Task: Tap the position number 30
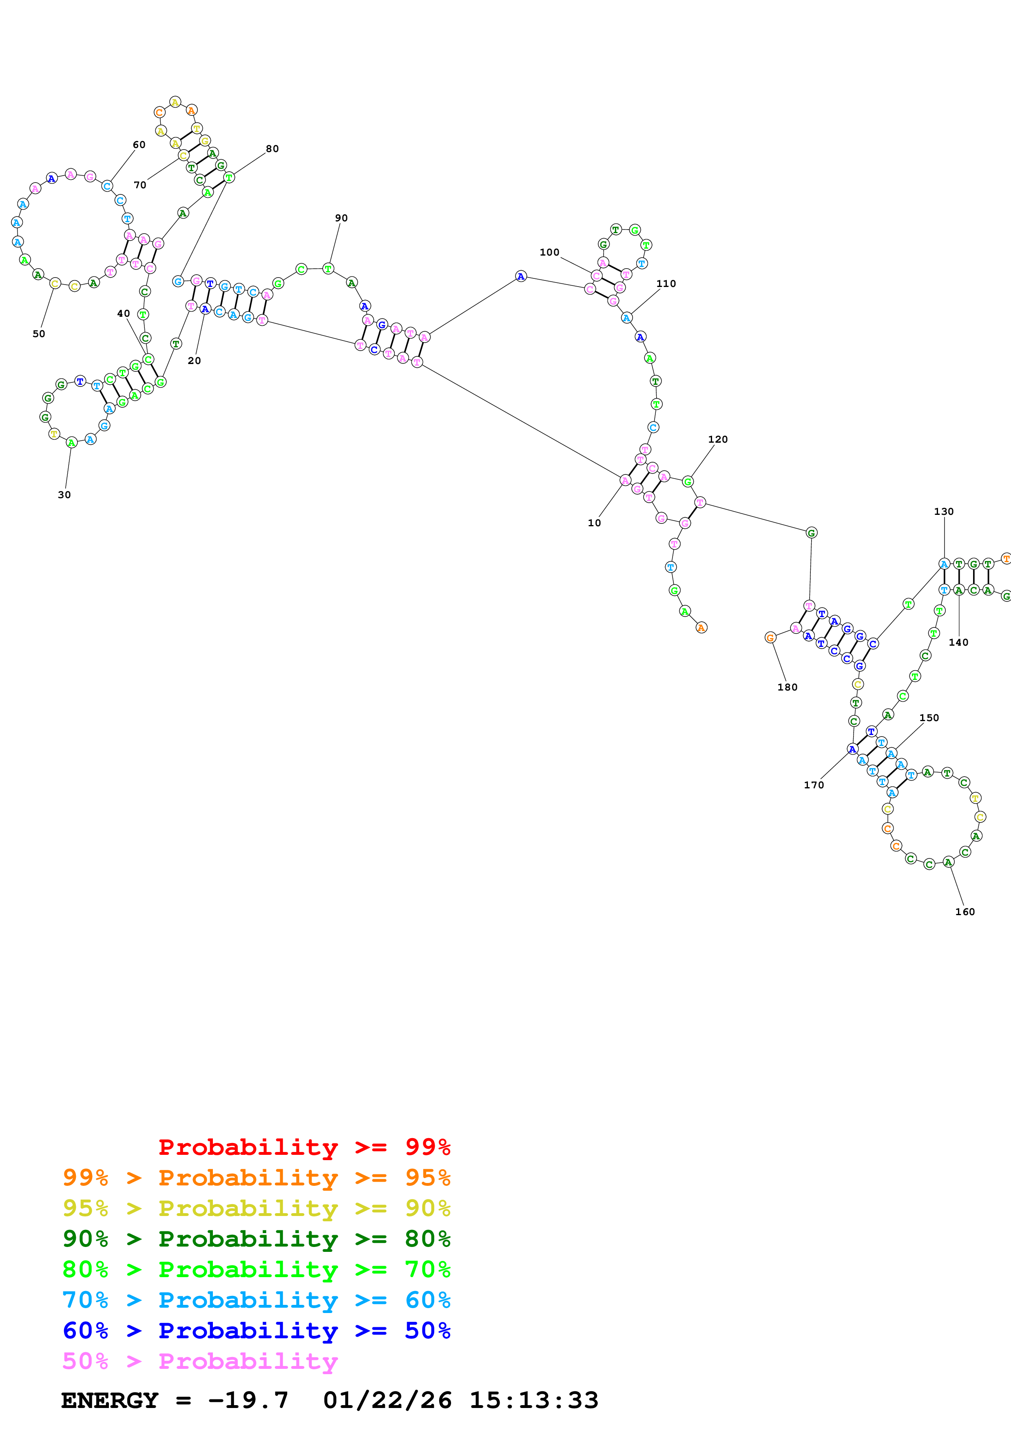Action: pos(64,495)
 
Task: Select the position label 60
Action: pos(139,144)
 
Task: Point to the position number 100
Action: pos(549,252)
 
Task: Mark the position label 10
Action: pos(594,523)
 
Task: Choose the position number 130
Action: pos(943,511)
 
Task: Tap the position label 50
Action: pos(39,334)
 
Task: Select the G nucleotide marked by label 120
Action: pos(688,481)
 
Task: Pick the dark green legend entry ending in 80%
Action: pos(256,1239)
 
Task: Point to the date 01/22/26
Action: pos(387,1400)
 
